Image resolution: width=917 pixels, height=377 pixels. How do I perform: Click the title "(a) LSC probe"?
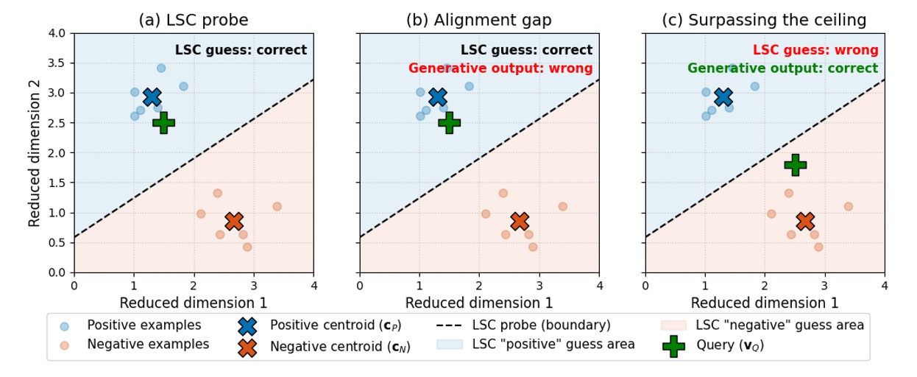(194, 20)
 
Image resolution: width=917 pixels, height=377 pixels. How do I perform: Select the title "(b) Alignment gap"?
(479, 20)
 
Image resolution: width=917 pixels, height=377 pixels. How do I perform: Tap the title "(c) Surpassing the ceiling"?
(764, 20)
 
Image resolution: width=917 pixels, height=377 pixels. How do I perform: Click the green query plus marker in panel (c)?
(795, 165)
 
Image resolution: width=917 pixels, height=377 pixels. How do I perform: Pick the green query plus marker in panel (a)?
(163, 122)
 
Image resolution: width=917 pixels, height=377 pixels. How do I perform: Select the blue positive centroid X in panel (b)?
(438, 97)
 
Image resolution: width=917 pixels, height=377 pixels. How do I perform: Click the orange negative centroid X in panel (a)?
(234, 221)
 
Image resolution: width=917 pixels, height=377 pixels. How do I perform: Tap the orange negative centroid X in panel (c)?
(805, 221)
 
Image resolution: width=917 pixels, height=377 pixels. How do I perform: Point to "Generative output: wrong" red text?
(500, 68)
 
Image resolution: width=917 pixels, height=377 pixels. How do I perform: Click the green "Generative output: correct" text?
(782, 68)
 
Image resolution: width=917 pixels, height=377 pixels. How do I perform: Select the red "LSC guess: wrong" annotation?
(815, 50)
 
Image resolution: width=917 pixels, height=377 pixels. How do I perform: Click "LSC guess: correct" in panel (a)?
(241, 50)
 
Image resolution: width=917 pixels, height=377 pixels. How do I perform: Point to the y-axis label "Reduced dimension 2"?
(35, 152)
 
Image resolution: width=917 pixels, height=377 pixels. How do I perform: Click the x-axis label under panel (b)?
(479, 303)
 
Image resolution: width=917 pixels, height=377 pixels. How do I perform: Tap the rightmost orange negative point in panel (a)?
(277, 206)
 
